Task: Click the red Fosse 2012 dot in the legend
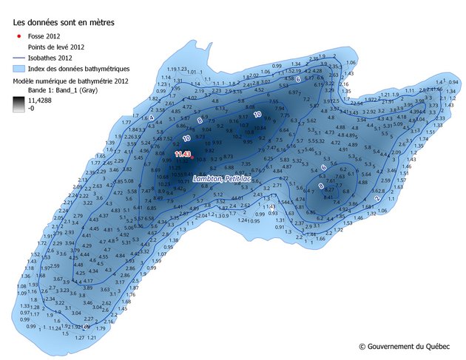coord(17,35)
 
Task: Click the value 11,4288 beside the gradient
coord(40,98)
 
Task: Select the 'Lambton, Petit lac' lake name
coord(221,179)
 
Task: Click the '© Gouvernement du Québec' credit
coord(406,346)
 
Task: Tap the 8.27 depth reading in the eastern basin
coord(330,189)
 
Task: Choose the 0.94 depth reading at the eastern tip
coord(453,82)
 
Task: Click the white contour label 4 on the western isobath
coord(151,118)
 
